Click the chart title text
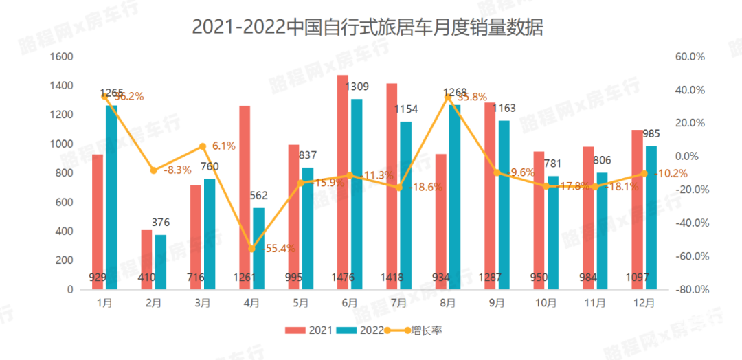[368, 27]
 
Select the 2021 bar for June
[342, 182]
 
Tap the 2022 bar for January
[111, 198]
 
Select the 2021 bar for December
[637, 210]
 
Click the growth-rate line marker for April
[251, 248]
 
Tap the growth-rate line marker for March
[203, 146]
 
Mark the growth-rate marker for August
[448, 97]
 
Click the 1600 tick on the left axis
[61, 57]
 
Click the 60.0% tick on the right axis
[691, 57]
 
